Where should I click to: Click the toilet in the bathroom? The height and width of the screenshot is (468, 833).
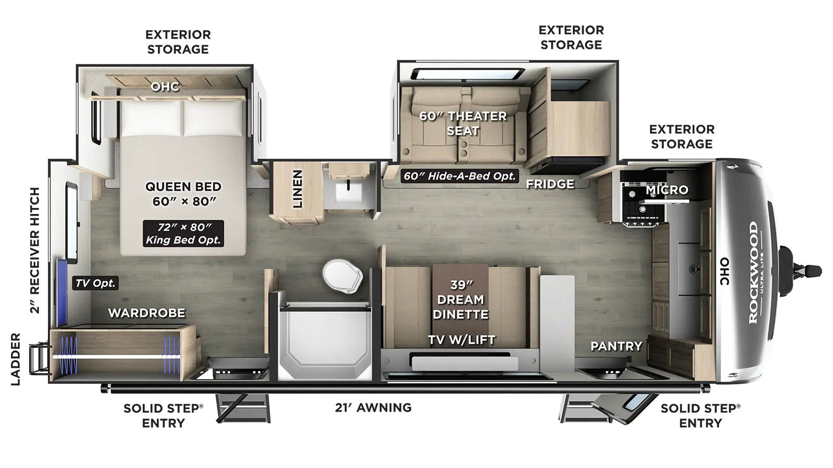(x=342, y=276)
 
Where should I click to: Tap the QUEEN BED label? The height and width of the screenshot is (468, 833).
(x=183, y=187)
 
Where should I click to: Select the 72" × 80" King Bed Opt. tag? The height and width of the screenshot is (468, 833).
(x=183, y=233)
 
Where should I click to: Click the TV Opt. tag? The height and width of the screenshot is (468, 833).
(x=96, y=283)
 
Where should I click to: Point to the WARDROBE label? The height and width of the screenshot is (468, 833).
(x=146, y=313)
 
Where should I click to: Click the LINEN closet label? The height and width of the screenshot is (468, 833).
(x=297, y=189)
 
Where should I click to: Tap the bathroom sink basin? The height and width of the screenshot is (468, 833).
(x=348, y=190)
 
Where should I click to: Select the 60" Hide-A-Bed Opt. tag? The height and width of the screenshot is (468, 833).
(x=460, y=176)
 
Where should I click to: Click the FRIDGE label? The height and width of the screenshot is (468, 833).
(x=550, y=184)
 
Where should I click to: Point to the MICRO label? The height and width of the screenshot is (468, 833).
(x=667, y=190)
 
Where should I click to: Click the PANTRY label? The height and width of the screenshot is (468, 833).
(x=616, y=346)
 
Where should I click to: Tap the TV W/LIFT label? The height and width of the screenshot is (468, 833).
(x=461, y=340)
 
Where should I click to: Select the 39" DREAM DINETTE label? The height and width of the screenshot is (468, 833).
(x=460, y=300)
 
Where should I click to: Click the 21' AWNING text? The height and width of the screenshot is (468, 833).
(x=373, y=408)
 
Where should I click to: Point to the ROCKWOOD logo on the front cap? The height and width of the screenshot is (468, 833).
(x=753, y=272)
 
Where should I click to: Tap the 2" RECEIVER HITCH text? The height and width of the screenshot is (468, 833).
(x=34, y=250)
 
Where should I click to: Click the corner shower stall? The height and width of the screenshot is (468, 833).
(x=325, y=341)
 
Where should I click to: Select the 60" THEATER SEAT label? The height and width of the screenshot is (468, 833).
(x=463, y=123)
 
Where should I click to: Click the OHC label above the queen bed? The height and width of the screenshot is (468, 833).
(x=165, y=86)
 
